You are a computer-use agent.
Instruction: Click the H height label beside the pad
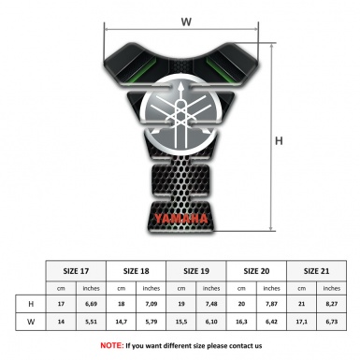tap(278, 141)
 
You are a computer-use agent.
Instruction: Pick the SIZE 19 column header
tap(198, 270)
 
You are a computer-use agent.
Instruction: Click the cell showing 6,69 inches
tap(92, 305)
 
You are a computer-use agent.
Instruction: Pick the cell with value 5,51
tap(92, 323)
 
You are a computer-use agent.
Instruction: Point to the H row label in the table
tap(32, 305)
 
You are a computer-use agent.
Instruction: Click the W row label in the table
tap(32, 323)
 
